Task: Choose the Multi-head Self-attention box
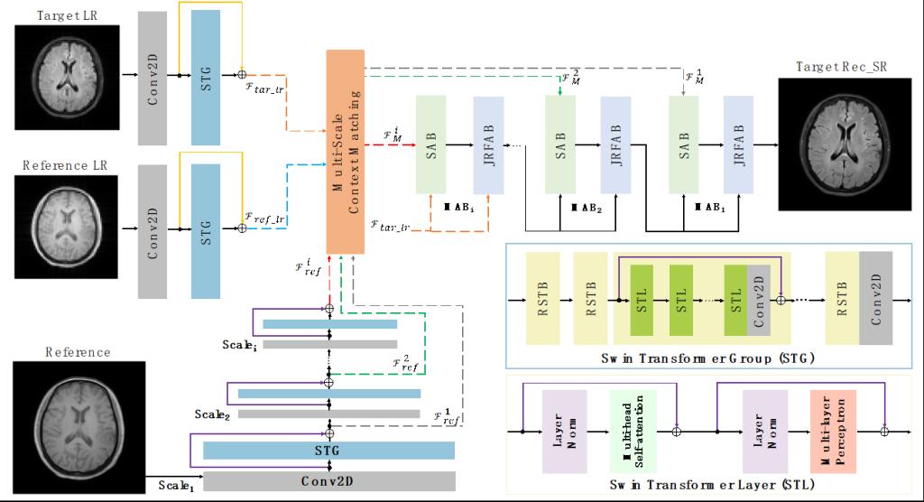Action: tap(633, 432)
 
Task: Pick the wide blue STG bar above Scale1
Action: tap(328, 451)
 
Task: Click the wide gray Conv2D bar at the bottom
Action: tap(328, 479)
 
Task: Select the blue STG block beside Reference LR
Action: tap(206, 228)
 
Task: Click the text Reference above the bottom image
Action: tap(79, 352)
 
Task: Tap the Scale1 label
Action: tap(178, 485)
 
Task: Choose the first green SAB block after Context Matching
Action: tap(430, 144)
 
